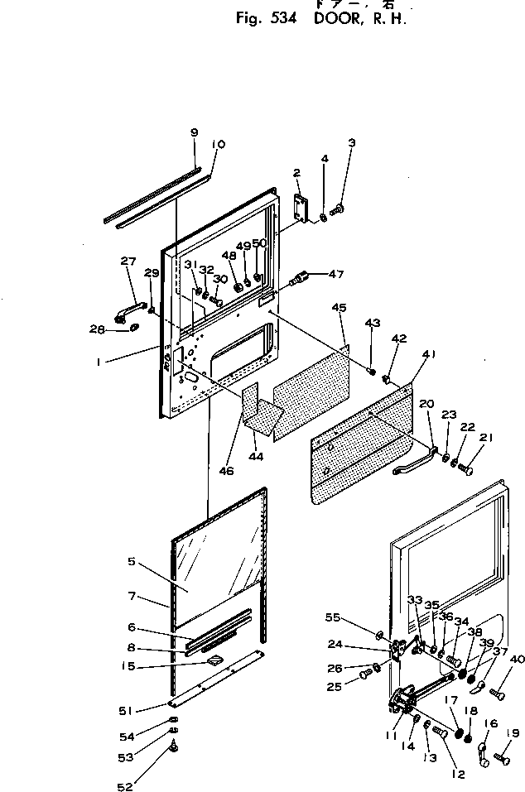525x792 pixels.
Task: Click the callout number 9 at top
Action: click(194, 132)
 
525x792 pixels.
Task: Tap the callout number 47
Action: click(336, 274)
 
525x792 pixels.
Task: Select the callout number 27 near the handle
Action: click(128, 262)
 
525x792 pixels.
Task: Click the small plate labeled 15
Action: click(215, 660)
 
